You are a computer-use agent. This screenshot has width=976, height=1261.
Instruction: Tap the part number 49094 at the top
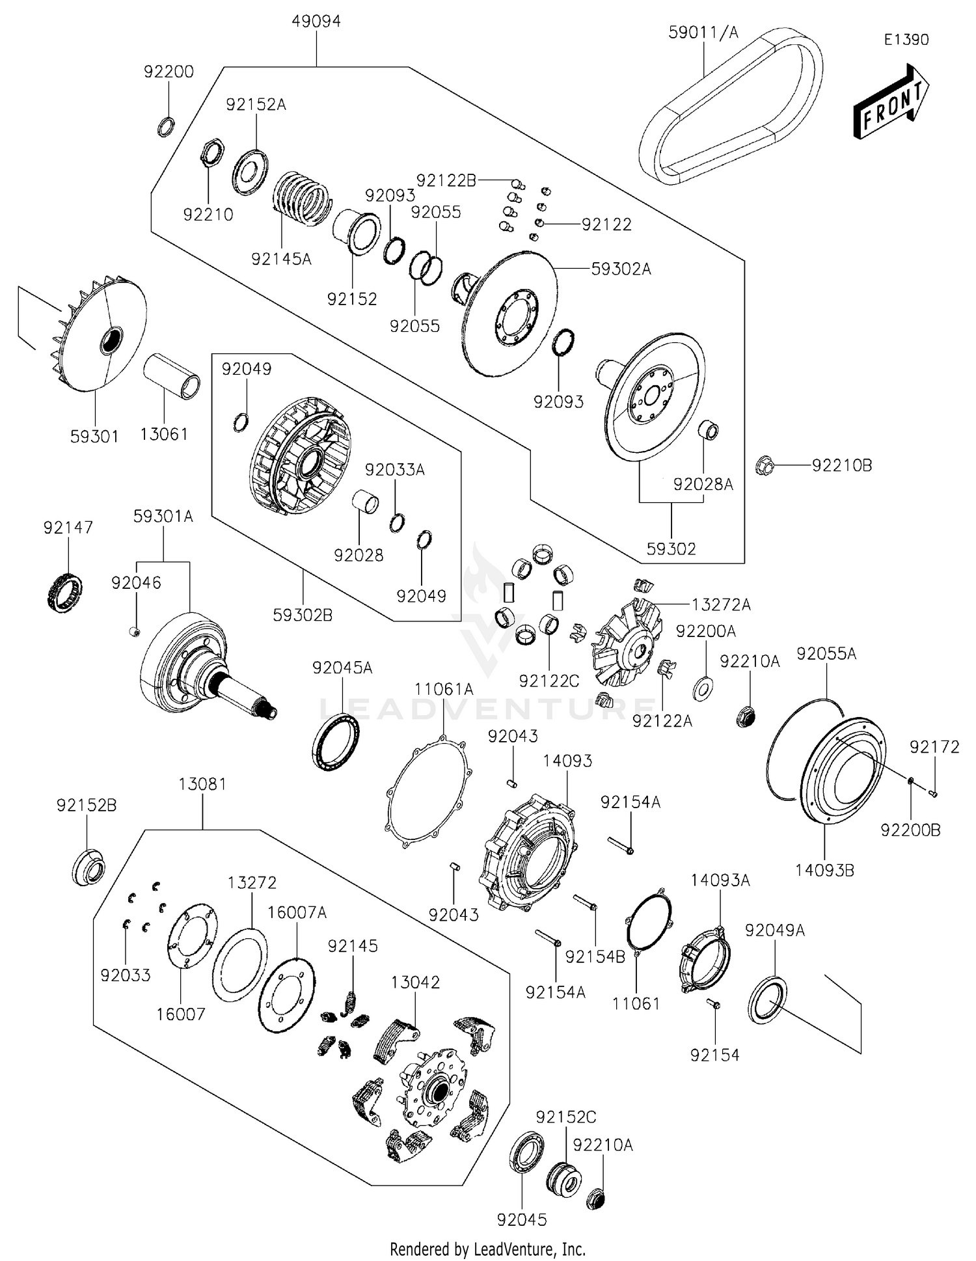pos(316,21)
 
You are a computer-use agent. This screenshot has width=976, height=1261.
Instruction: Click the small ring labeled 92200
pos(166,126)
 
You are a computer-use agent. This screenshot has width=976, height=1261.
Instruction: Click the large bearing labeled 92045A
pos(335,741)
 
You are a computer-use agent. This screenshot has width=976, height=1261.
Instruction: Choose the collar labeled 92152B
pos(88,867)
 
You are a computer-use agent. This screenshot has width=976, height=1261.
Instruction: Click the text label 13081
pos(202,784)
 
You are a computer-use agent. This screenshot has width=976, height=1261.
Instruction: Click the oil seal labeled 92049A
pos(767,999)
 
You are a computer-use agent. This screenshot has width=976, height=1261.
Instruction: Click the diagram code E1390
pos(906,40)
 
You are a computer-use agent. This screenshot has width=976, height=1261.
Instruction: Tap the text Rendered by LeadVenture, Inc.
pos(487,1249)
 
